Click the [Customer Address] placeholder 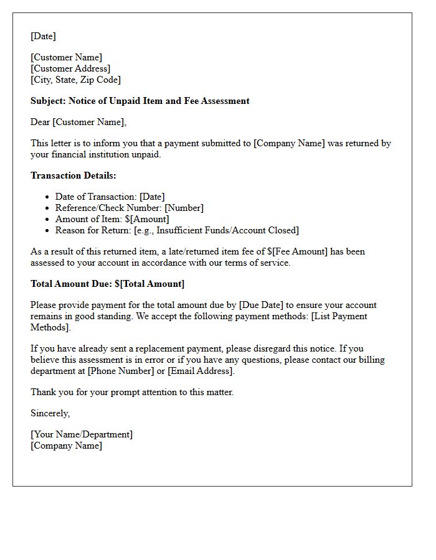coord(70,68)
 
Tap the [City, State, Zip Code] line coord(75,80)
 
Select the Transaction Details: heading coord(73,175)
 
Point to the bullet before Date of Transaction coord(47,197)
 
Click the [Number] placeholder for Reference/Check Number coord(184,208)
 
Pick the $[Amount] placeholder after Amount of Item coord(147,219)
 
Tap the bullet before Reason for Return coord(47,231)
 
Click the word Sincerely coord(50,413)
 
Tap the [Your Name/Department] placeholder coord(82,434)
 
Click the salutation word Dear coord(40,122)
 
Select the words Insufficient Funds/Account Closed coord(226,230)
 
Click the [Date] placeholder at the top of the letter coord(43,36)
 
